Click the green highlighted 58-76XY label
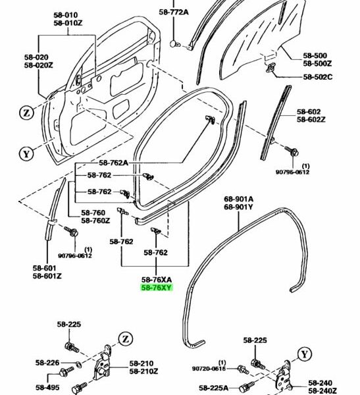pyautogui.click(x=157, y=288)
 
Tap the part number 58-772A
pyautogui.click(x=174, y=12)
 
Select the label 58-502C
pyautogui.click(x=318, y=77)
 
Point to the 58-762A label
pyautogui.click(x=113, y=163)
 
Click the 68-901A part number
pyautogui.click(x=239, y=199)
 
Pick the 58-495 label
pyautogui.click(x=47, y=388)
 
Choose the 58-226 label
pyautogui.click(x=47, y=363)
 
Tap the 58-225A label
pyautogui.click(x=214, y=388)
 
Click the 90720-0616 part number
pyautogui.click(x=209, y=369)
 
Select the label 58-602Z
pyautogui.click(x=311, y=119)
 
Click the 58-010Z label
pyautogui.click(x=68, y=23)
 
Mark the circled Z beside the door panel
pyautogui.click(x=26, y=113)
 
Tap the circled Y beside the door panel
pyautogui.click(x=26, y=153)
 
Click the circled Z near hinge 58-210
pyautogui.click(x=126, y=339)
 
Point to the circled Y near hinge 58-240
pyautogui.click(x=305, y=354)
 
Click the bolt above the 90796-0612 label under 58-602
pyautogui.click(x=292, y=151)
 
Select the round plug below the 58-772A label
pyautogui.click(x=174, y=43)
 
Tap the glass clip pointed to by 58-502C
pyautogui.click(x=270, y=68)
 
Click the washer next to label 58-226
pyautogui.click(x=79, y=363)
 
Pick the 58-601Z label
pyautogui.click(x=47, y=276)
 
